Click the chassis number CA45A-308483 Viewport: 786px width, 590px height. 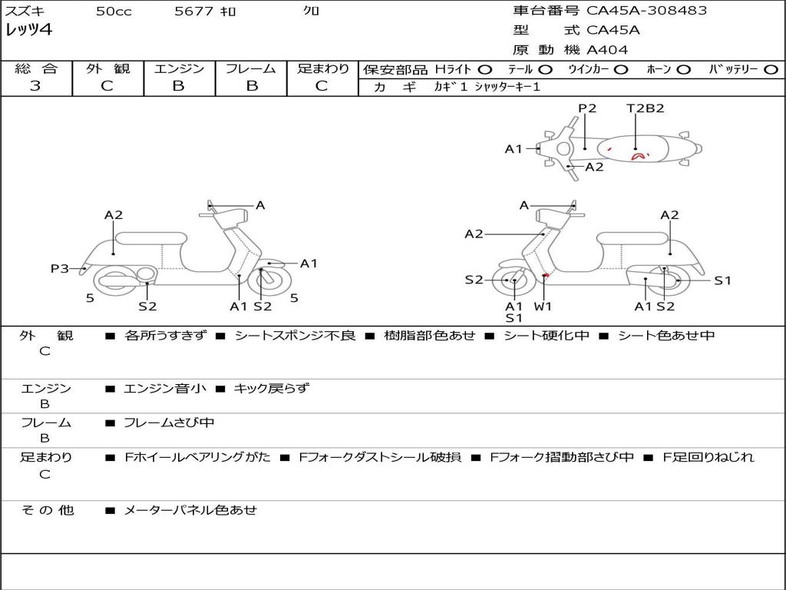[x=647, y=11]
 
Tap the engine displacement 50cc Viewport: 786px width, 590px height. [x=113, y=12]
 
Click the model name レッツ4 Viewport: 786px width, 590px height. [x=29, y=31]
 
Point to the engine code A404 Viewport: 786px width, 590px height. [x=607, y=50]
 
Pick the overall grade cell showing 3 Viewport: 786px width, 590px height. [x=35, y=86]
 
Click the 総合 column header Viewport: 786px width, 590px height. [x=35, y=69]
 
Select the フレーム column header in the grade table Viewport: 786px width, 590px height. [x=251, y=69]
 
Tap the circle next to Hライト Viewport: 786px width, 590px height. [x=485, y=70]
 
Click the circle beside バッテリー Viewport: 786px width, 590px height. [x=771, y=70]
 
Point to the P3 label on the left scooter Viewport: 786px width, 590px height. [x=60, y=268]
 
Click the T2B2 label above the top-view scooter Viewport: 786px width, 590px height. [x=645, y=108]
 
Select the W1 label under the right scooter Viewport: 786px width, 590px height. [x=543, y=307]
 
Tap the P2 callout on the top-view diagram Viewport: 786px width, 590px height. [x=587, y=108]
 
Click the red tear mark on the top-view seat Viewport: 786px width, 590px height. [x=637, y=156]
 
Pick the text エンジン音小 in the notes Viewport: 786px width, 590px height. [x=165, y=389]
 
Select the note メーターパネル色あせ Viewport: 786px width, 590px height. [x=190, y=510]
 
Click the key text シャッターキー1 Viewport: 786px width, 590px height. [x=507, y=88]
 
